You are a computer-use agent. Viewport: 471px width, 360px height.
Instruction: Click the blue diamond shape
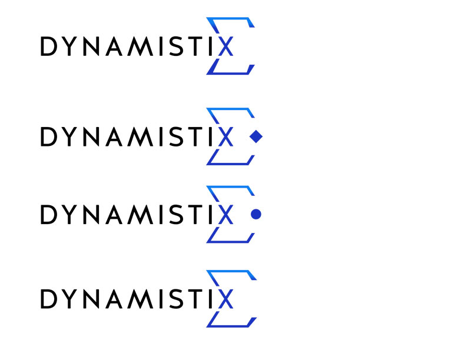[256, 136]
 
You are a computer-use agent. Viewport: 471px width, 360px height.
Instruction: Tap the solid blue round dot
[256, 214]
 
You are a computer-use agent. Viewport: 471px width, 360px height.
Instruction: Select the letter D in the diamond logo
[49, 136]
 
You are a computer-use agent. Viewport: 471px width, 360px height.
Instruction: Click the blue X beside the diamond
[226, 136]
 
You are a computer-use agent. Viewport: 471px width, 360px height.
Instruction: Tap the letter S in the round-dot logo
[176, 215]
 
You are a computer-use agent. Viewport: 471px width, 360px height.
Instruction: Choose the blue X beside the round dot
[226, 215]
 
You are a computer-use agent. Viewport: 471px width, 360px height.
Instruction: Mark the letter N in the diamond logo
[91, 136]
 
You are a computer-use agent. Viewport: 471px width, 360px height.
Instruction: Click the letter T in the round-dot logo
[195, 215]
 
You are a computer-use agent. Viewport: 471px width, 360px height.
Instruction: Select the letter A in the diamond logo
[114, 136]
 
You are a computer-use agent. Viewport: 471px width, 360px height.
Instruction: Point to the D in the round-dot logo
[49, 215]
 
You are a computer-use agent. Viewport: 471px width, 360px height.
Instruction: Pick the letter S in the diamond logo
[176, 136]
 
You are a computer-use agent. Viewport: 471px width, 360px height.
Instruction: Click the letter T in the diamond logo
[195, 136]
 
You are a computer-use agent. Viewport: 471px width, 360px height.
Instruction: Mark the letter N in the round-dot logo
[91, 215]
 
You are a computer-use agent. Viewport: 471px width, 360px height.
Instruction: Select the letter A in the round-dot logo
[114, 215]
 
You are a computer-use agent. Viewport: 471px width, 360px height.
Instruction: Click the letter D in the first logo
[49, 46]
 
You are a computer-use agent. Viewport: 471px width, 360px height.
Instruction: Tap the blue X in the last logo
[226, 299]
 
